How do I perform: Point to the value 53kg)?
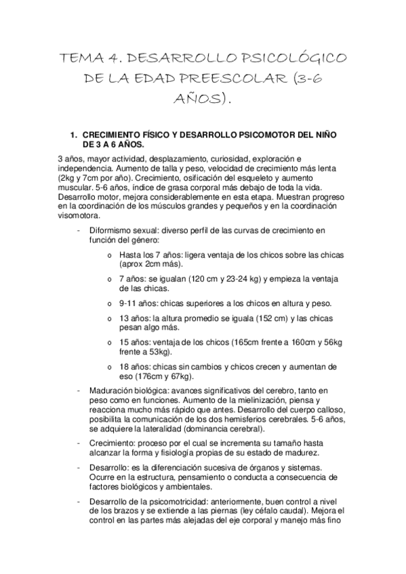[x=157, y=351]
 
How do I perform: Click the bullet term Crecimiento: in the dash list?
[x=110, y=443]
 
